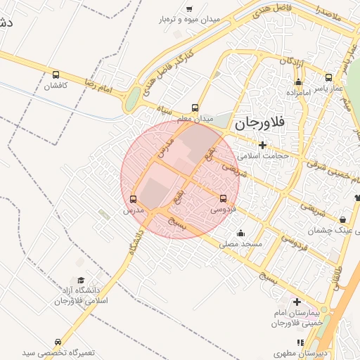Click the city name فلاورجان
(x=259, y=124)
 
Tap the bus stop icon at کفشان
(x=56, y=75)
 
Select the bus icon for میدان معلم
(x=195, y=108)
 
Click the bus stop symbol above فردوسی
(x=224, y=198)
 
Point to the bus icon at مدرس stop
(x=134, y=198)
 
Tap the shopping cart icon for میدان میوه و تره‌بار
(x=189, y=8)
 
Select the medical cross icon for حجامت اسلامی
(x=262, y=145)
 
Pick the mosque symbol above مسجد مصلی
(x=241, y=233)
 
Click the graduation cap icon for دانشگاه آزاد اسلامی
(x=80, y=280)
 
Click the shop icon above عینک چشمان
(x=342, y=219)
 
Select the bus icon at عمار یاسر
(x=328, y=77)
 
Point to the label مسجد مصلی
(x=241, y=244)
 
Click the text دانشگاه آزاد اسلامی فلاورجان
(x=79, y=296)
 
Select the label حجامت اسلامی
(x=263, y=155)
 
